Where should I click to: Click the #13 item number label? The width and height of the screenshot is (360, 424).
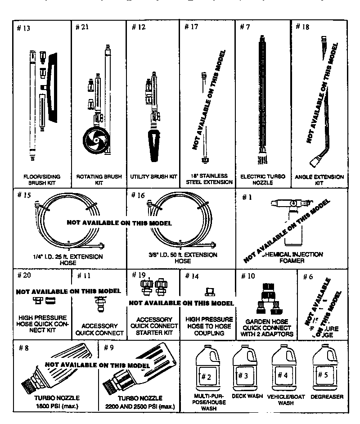[x=23, y=28]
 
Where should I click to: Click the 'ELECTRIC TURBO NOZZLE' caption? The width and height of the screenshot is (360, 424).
[x=263, y=179]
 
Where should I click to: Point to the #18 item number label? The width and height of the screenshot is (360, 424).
[x=302, y=27]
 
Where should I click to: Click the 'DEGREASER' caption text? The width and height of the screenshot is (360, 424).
[x=327, y=397]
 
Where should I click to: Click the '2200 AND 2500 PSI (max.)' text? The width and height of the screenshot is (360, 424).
[x=139, y=406]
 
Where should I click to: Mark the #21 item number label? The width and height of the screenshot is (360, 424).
[x=82, y=27]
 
